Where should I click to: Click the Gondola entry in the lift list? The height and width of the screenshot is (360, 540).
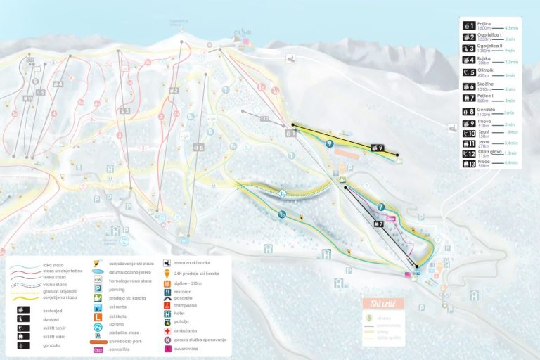[486, 109]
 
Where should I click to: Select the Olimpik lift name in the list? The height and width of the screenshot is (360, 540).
[485, 70]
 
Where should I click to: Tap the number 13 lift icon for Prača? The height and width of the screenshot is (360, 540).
[469, 163]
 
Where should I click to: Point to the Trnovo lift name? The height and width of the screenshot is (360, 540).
[484, 122]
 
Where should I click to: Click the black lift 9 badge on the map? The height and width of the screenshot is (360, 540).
[376, 148]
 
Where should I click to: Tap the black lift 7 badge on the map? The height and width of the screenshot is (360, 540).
[378, 224]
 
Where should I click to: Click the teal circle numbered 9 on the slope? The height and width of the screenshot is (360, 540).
[329, 143]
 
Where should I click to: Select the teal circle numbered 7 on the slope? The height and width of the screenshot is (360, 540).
[381, 207]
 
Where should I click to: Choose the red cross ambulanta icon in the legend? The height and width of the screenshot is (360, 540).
[167, 330]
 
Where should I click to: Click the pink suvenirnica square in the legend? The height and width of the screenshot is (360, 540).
[167, 349]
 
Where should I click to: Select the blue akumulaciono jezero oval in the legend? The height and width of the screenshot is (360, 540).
[98, 271]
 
